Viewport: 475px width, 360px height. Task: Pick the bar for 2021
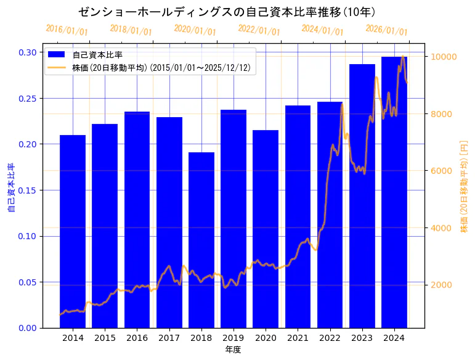click(x=298, y=216)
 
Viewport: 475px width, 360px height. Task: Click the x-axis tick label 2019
click(x=233, y=338)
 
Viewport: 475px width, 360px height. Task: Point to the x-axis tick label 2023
click(x=362, y=338)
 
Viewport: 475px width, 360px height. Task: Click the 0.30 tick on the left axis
click(x=27, y=52)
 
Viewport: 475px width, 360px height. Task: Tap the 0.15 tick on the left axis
click(x=27, y=190)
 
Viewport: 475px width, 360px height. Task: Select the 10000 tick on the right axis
click(x=444, y=57)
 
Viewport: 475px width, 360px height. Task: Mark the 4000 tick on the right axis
click(x=441, y=228)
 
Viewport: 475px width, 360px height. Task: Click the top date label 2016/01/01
click(x=67, y=30)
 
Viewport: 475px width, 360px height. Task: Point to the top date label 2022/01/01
click(x=259, y=30)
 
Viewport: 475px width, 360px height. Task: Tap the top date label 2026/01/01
click(x=386, y=30)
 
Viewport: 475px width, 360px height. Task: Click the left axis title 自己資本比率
click(x=10, y=188)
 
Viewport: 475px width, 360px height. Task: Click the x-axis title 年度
click(x=233, y=350)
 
